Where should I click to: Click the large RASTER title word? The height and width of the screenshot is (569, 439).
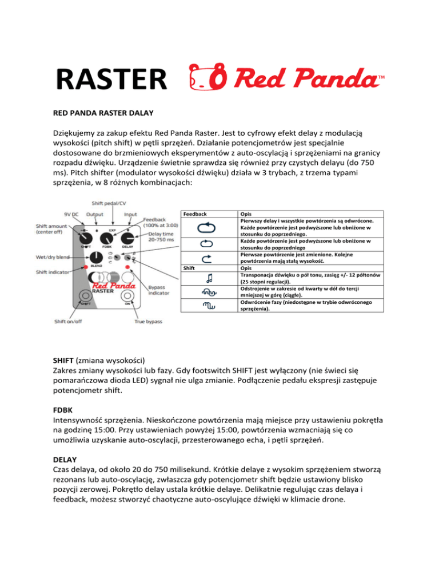point(112,78)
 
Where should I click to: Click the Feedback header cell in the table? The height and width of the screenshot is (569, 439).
point(194,213)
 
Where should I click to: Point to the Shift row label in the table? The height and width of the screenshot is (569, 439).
point(189,267)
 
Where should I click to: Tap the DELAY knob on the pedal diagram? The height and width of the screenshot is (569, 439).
point(127,236)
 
